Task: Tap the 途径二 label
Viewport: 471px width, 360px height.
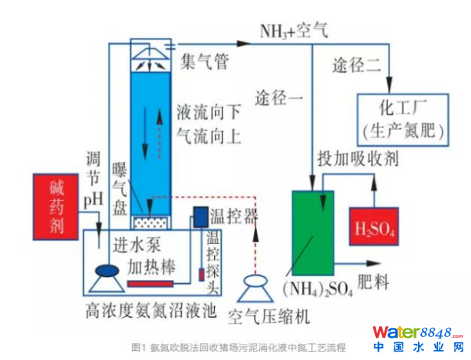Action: coord(356,66)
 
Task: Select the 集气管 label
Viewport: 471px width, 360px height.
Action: coord(203,61)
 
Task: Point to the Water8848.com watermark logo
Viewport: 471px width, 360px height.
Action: coord(417,337)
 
